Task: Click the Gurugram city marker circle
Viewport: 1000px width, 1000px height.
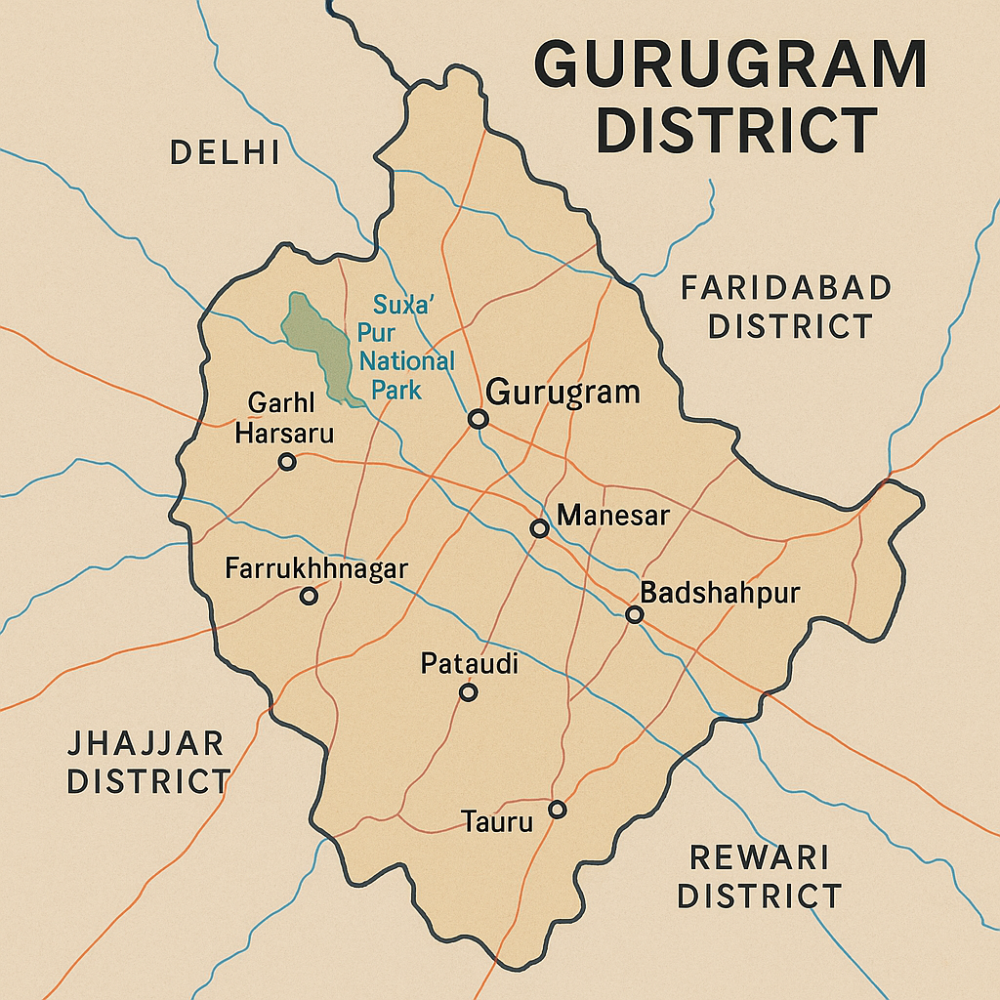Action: pos(478,419)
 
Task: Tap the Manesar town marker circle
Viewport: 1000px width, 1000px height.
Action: pos(539,528)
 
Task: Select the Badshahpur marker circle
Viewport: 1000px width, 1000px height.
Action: pos(634,614)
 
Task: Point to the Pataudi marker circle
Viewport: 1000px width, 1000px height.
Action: pos(468,692)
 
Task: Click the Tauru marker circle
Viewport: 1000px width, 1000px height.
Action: pos(557,809)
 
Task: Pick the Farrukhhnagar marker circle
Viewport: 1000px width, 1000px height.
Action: pos(310,596)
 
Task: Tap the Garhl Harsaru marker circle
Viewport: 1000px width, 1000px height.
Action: pos(287,462)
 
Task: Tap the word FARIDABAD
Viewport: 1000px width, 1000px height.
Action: pos(785,288)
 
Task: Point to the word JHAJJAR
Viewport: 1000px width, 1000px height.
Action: pos(146,743)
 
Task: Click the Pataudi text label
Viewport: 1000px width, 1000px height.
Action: pos(469,664)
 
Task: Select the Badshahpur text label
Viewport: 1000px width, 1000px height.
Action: pos(720,593)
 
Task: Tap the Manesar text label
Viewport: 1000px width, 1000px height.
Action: pos(612,515)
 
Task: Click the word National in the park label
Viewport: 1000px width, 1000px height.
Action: pos(407,361)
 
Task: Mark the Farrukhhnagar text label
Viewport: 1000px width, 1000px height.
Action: pos(315,568)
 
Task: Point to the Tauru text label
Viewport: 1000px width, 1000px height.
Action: pos(498,822)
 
